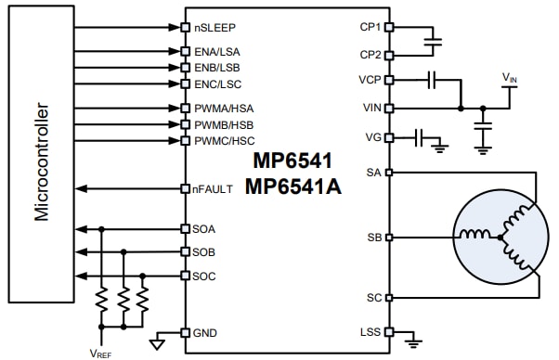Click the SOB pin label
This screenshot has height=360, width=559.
point(205,252)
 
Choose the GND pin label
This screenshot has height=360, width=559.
point(205,332)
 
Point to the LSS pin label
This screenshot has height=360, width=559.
point(369,332)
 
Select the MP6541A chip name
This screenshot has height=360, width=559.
point(293,186)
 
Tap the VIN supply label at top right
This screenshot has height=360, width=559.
point(511,76)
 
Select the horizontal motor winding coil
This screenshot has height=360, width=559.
point(480,238)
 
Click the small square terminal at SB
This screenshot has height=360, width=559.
point(388,238)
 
